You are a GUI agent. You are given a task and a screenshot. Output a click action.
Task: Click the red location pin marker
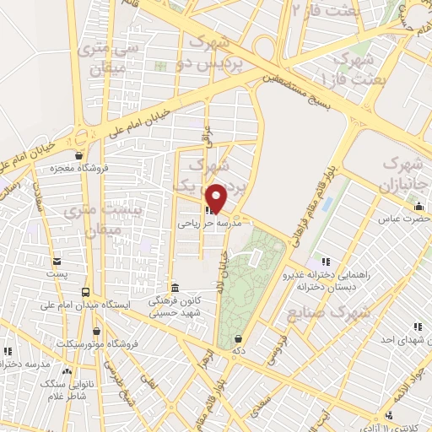[217, 197]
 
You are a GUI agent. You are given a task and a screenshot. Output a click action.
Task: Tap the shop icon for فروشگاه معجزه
[78, 155]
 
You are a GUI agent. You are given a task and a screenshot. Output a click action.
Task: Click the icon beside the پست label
[57, 261]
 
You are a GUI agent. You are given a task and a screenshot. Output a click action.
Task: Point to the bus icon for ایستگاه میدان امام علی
[84, 292]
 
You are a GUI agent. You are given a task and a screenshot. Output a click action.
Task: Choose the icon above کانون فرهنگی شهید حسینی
[175, 288]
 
